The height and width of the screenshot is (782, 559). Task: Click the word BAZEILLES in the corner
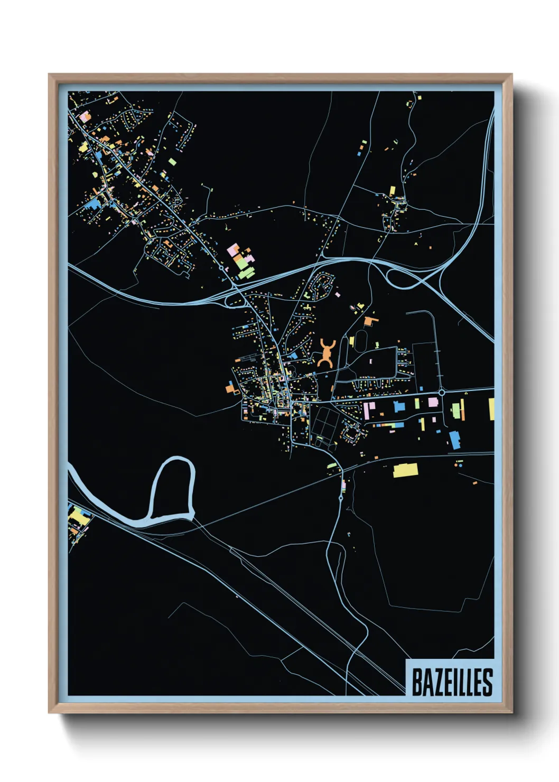(x=452, y=682)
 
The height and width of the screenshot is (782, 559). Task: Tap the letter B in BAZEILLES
(x=416, y=683)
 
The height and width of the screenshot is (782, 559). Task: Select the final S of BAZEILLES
(x=488, y=683)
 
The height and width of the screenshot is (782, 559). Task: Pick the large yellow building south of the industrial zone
(x=405, y=470)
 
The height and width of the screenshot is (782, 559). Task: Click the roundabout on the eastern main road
(x=441, y=393)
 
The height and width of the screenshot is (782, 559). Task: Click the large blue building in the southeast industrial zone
(x=454, y=440)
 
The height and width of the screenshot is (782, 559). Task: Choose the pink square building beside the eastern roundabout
(x=433, y=402)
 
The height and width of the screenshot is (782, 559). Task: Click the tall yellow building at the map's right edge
(x=491, y=409)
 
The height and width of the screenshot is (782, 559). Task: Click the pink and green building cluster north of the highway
(x=241, y=260)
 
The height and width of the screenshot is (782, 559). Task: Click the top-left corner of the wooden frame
(x=50, y=75)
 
